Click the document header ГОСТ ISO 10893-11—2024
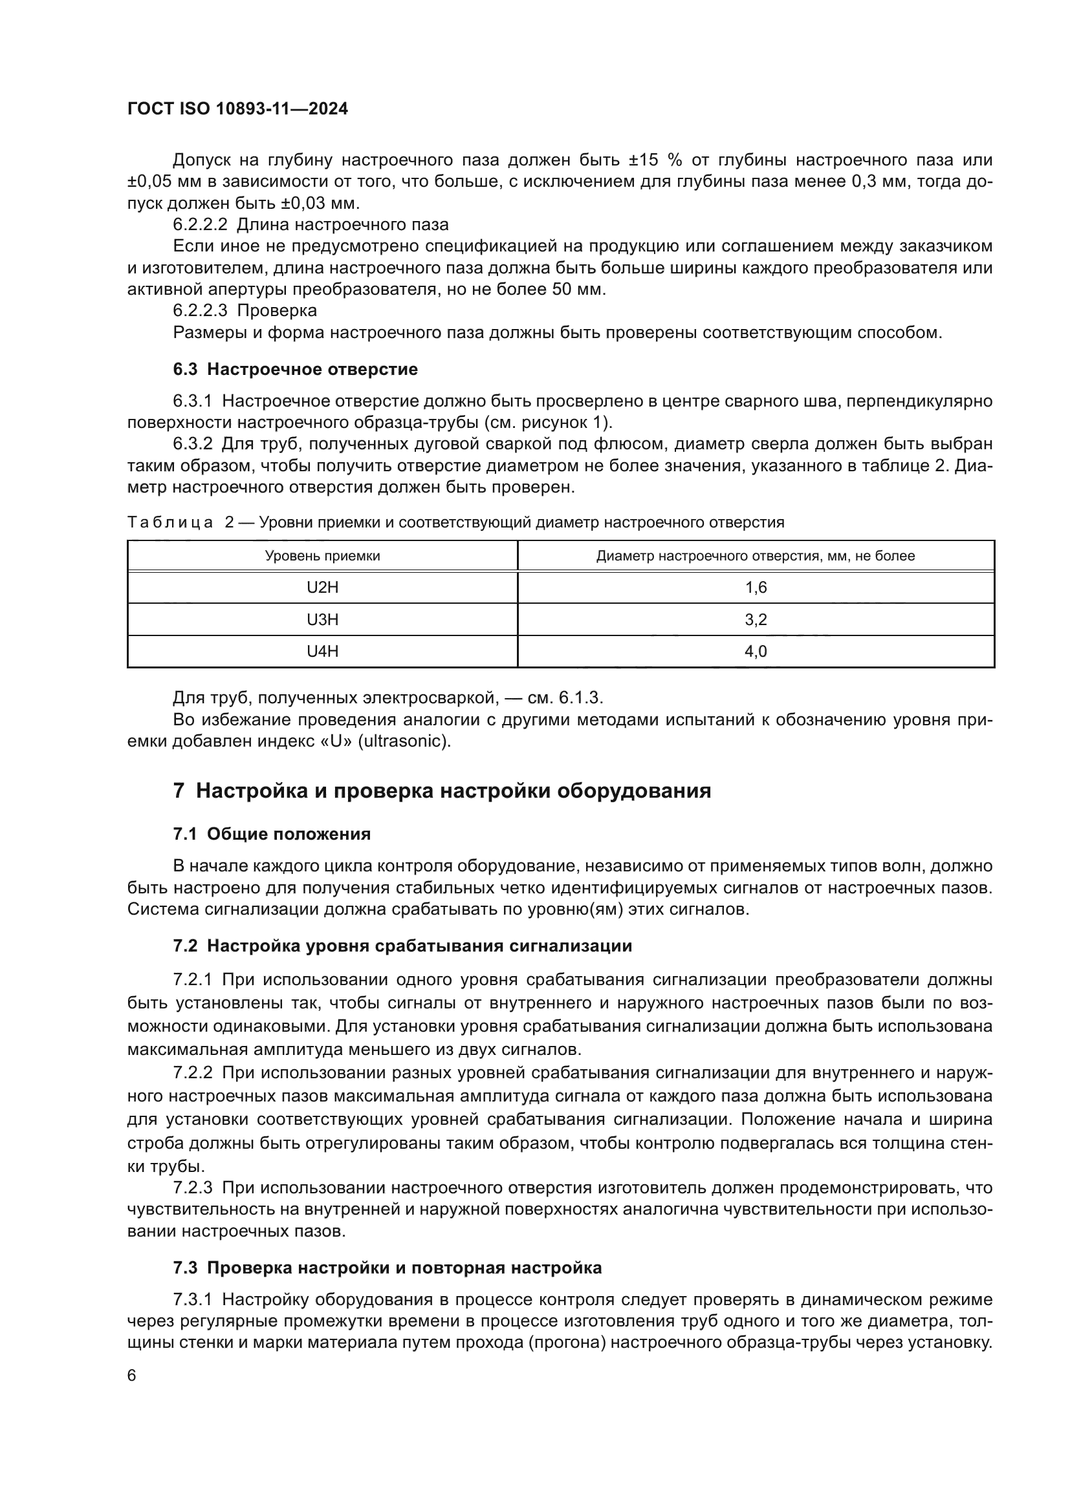click(237, 109)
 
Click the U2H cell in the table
click(322, 588)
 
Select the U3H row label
click(322, 620)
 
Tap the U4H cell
click(322, 652)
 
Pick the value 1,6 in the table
click(756, 588)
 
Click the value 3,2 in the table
click(756, 620)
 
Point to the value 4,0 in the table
click(756, 652)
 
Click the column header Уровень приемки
click(322, 556)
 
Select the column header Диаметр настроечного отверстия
click(755, 556)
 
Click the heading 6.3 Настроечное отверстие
click(295, 370)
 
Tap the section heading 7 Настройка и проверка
click(441, 791)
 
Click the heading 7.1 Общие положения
click(272, 835)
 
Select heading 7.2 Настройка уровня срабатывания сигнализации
click(402, 946)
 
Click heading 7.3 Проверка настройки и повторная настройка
click(387, 1268)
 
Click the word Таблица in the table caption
click(170, 523)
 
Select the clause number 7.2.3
click(192, 1188)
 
